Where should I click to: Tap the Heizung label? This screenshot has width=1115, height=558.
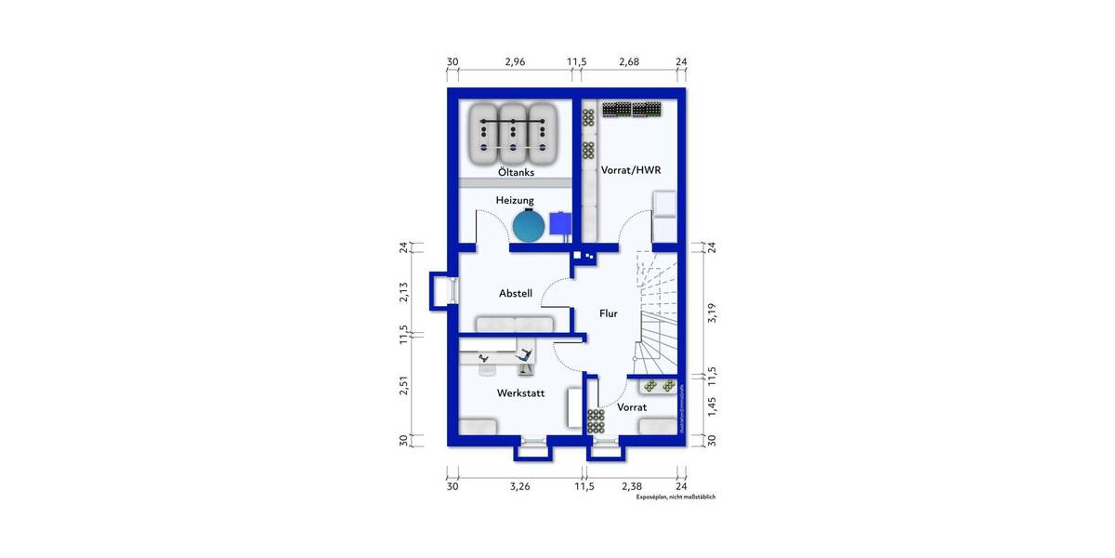[514, 200]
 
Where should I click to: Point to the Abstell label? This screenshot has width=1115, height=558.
[516, 293]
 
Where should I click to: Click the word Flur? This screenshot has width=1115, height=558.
[609, 314]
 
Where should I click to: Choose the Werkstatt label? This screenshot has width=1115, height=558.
[520, 393]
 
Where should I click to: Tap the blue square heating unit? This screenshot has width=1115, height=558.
[561, 223]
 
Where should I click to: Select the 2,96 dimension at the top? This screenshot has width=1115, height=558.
[515, 62]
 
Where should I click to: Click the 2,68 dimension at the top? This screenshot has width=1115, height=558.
[629, 62]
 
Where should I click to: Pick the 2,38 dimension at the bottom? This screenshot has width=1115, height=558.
[632, 485]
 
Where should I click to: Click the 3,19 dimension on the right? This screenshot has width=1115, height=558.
[714, 312]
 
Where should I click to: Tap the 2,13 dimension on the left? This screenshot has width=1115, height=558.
[404, 291]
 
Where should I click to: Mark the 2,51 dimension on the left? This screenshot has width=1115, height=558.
[404, 385]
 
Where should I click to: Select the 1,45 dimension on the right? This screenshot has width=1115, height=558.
[714, 405]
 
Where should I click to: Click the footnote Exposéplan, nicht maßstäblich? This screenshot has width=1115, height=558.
[676, 498]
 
